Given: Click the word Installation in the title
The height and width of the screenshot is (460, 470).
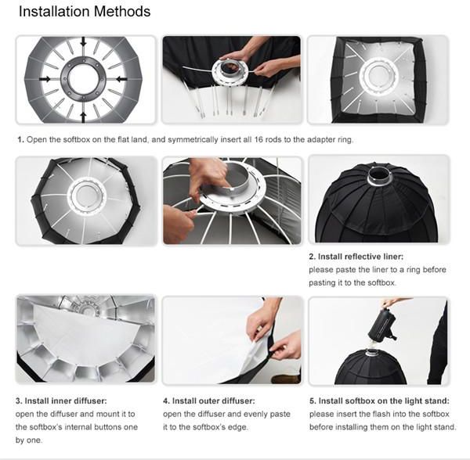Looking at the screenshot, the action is tap(54, 12).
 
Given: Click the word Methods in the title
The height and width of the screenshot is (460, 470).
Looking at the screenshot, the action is tap(122, 12).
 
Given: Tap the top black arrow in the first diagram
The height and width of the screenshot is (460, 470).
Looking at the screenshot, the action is tap(83, 41).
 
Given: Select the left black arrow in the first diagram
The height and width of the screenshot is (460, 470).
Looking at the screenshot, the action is tap(45, 79).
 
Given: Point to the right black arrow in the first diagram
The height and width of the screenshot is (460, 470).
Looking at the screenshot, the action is tap(121, 79).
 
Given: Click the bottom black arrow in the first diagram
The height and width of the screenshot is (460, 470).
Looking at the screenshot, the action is tap(83, 117).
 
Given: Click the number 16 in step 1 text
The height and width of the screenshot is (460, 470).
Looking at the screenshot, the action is tap(258, 139).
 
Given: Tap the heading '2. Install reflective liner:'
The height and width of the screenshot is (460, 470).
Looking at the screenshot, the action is tap(356, 257).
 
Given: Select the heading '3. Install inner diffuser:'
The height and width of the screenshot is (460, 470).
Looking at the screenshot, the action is tap(61, 401).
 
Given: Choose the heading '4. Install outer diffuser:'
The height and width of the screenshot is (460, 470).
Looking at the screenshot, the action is tap(209, 401).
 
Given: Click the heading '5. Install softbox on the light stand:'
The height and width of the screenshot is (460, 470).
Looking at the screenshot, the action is tap(379, 401).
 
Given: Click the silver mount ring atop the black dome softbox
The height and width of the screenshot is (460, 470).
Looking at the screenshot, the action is tap(379, 179).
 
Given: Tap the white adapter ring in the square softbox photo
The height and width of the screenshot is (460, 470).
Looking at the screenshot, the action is tap(378, 75).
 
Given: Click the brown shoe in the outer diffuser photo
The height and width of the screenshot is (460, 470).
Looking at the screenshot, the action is tap(286, 379).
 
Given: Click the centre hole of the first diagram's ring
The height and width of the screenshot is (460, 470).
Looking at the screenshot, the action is tap(83, 79).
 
